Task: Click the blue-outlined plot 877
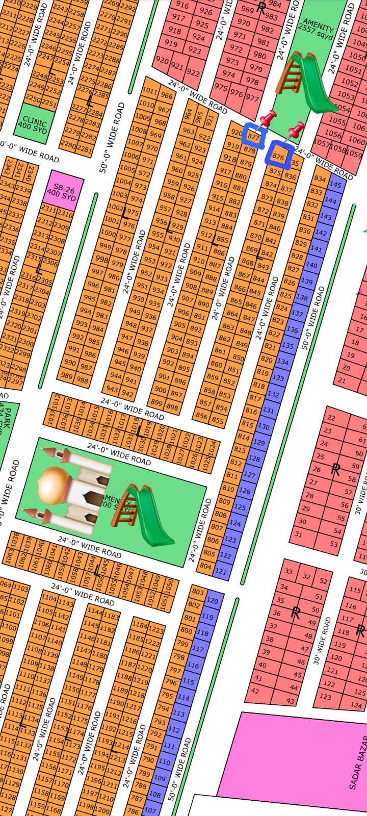[254, 137]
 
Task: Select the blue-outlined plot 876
[278, 156]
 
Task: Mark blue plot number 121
[221, 571]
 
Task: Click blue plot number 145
[335, 185]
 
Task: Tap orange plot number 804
[206, 566]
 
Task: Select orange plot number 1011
[149, 91]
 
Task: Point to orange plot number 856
[202, 416]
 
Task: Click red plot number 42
[255, 691]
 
